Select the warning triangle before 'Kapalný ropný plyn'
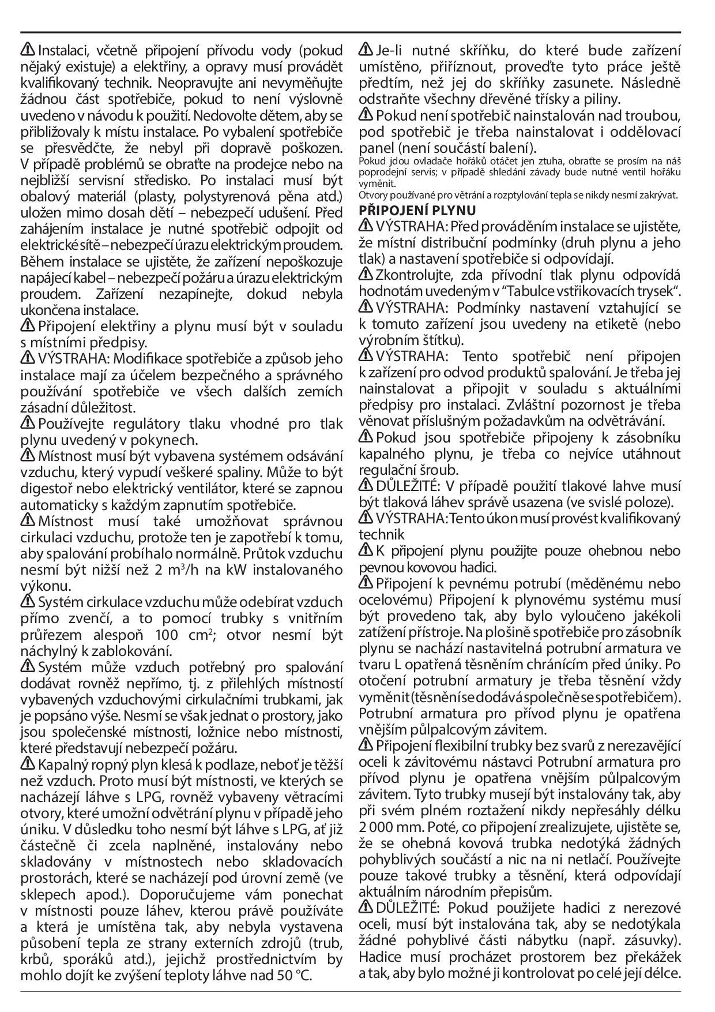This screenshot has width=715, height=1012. click(28, 765)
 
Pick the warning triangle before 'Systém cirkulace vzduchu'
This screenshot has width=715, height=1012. click(28, 602)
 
